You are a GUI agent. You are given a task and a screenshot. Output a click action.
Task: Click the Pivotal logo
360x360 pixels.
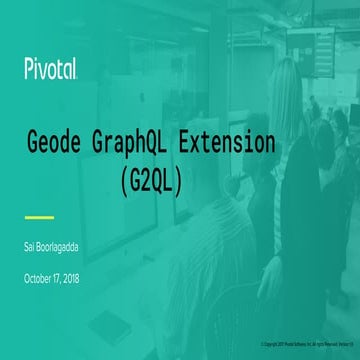(x=51, y=68)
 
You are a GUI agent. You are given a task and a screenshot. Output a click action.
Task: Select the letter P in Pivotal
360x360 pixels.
(x=28, y=68)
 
